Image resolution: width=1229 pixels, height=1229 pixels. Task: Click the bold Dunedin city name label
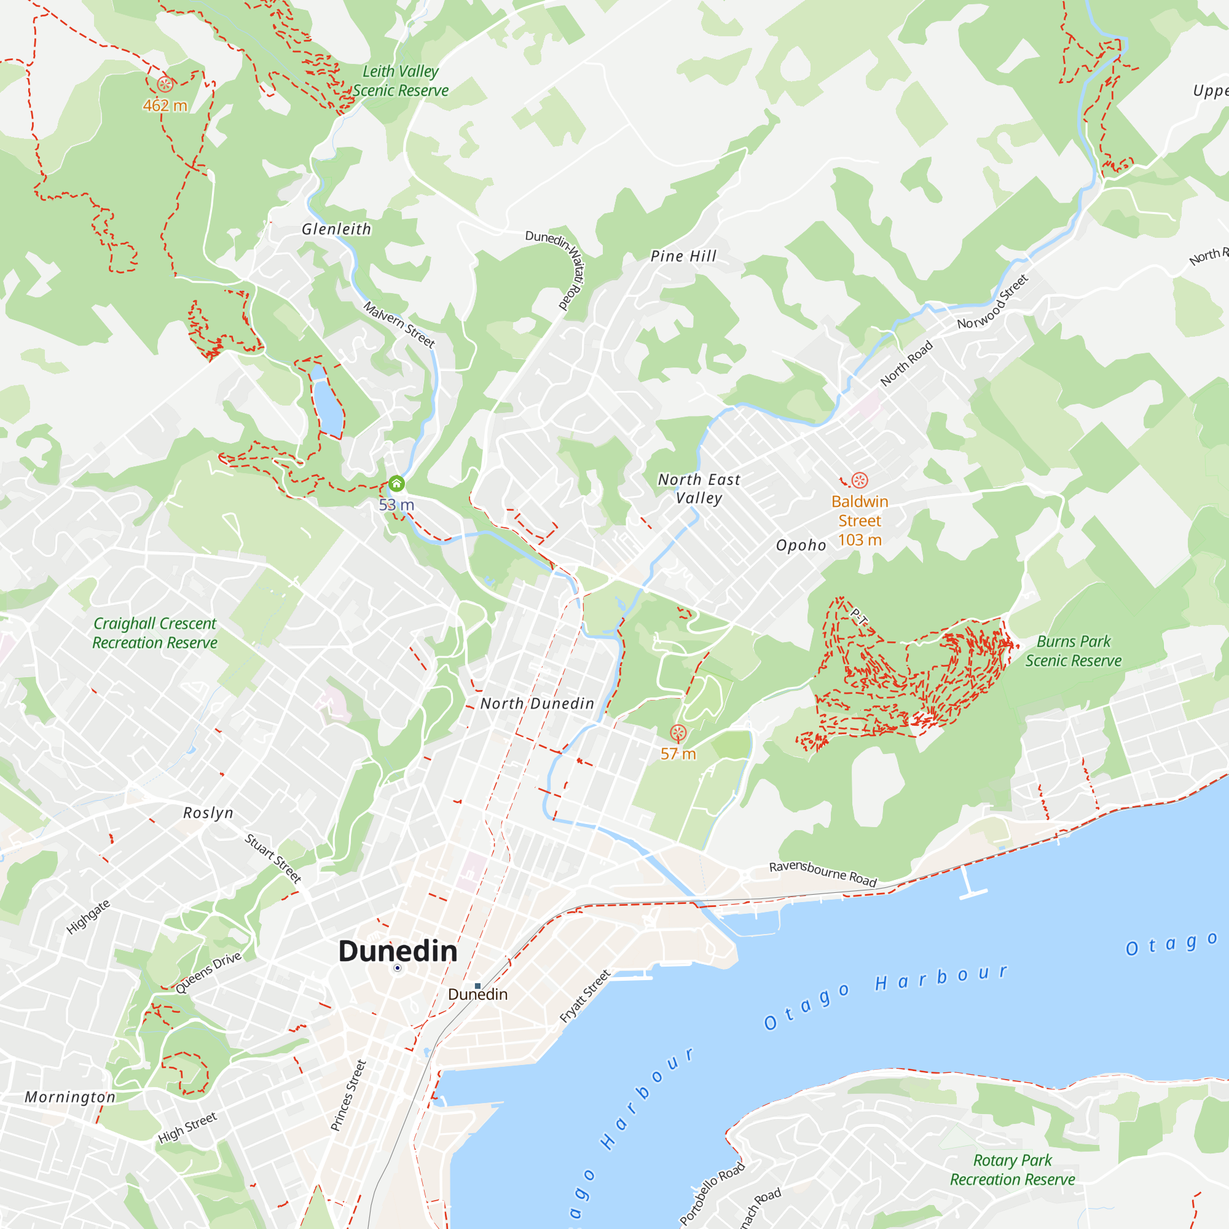[398, 952]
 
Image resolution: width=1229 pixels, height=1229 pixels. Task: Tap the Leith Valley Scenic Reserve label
[400, 80]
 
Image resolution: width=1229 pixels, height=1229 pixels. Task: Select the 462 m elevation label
[165, 106]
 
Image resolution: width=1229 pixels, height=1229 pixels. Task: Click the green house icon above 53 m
[396, 484]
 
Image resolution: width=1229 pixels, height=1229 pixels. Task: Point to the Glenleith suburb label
[336, 229]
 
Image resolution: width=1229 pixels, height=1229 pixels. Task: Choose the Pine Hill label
[683, 256]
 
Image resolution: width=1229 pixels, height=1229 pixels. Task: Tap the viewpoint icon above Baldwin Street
[860, 481]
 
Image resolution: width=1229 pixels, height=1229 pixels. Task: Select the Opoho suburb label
[801, 545]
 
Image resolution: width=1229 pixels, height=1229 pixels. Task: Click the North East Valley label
[699, 489]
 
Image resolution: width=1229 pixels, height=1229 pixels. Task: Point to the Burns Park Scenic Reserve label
[1073, 651]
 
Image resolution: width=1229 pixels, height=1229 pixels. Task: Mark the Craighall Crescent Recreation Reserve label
[155, 633]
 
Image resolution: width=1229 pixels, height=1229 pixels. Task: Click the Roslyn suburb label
[208, 813]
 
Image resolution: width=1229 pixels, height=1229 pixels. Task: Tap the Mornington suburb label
[70, 1097]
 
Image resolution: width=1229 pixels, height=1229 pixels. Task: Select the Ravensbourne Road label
[823, 873]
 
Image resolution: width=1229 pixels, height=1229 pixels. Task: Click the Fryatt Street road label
[584, 996]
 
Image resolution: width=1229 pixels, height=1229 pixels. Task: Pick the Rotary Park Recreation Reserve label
[1012, 1170]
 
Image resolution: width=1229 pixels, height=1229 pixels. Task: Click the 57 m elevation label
[678, 754]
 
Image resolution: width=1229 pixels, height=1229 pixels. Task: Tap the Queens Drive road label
[208, 973]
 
